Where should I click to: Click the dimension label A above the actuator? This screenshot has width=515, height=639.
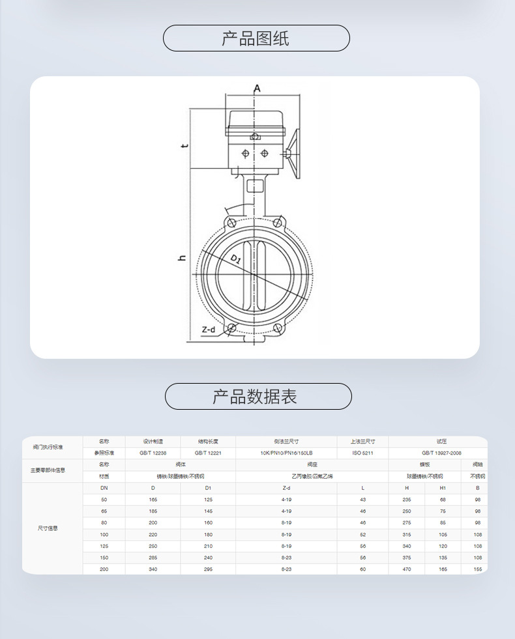(x=257, y=88)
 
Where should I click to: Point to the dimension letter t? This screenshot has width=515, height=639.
(x=184, y=145)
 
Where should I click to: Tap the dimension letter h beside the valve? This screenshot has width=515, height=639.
(x=183, y=258)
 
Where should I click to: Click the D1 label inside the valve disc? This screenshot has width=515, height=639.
(x=236, y=260)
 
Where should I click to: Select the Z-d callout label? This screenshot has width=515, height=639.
(x=208, y=330)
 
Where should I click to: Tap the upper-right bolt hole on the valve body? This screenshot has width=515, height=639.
(x=278, y=223)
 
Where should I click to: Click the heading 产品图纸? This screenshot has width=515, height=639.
(x=256, y=38)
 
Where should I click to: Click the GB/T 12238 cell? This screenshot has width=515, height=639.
(x=153, y=453)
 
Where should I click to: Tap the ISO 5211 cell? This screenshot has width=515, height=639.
(x=362, y=453)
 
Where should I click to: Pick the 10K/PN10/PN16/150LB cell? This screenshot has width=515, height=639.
(x=286, y=453)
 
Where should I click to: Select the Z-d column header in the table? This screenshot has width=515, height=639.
(x=286, y=488)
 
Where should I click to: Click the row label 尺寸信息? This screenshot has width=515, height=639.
(x=48, y=528)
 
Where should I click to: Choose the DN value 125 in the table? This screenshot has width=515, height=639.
(x=104, y=546)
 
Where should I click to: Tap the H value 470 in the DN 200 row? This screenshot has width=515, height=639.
(x=406, y=569)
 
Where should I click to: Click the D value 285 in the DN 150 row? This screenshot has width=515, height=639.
(x=153, y=558)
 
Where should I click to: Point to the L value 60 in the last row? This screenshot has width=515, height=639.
(x=362, y=569)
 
